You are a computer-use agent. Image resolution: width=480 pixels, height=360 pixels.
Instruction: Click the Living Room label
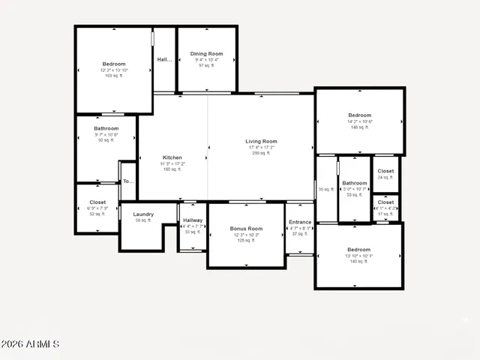point(261,142)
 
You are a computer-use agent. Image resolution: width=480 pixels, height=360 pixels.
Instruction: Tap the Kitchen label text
point(172,157)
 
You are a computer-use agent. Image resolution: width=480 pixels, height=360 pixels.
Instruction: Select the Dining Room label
point(206,54)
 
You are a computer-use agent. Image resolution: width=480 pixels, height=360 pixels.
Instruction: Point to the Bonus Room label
point(247,229)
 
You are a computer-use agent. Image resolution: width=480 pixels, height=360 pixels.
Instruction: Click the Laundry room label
point(143,214)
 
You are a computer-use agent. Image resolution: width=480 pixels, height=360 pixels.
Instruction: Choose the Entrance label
point(300,222)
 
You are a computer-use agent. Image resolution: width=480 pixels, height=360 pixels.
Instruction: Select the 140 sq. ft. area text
point(358,261)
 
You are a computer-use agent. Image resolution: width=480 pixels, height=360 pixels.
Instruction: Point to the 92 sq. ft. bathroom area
point(106,140)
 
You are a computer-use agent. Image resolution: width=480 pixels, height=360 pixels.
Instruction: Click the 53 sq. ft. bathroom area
point(355,195)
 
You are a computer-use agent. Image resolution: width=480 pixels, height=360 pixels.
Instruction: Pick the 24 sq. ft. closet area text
point(385,178)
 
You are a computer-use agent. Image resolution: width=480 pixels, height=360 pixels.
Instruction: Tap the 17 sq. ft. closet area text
point(385,214)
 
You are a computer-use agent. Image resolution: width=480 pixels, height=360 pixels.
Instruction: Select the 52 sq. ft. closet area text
point(97,214)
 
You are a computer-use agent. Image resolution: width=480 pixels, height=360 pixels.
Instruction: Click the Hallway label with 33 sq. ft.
point(193,232)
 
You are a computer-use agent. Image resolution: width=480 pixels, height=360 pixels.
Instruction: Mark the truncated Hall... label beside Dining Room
point(164,59)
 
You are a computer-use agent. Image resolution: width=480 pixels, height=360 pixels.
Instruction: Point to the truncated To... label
point(127,181)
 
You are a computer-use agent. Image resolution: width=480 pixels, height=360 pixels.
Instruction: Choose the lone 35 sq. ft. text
point(325,190)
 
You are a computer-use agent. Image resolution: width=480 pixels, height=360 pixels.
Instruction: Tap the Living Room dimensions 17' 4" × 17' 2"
point(261,148)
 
